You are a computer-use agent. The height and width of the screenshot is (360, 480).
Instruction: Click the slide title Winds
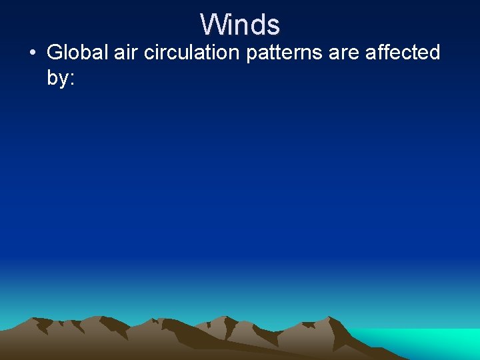(x=240, y=25)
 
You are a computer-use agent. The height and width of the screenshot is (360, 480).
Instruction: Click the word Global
(x=77, y=53)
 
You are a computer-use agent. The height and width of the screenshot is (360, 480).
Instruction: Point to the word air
(x=125, y=53)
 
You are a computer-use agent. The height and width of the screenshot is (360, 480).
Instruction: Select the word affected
(x=403, y=53)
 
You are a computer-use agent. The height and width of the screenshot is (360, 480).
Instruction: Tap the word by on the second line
(x=57, y=78)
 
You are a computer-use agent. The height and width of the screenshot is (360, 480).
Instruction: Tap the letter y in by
(x=63, y=80)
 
